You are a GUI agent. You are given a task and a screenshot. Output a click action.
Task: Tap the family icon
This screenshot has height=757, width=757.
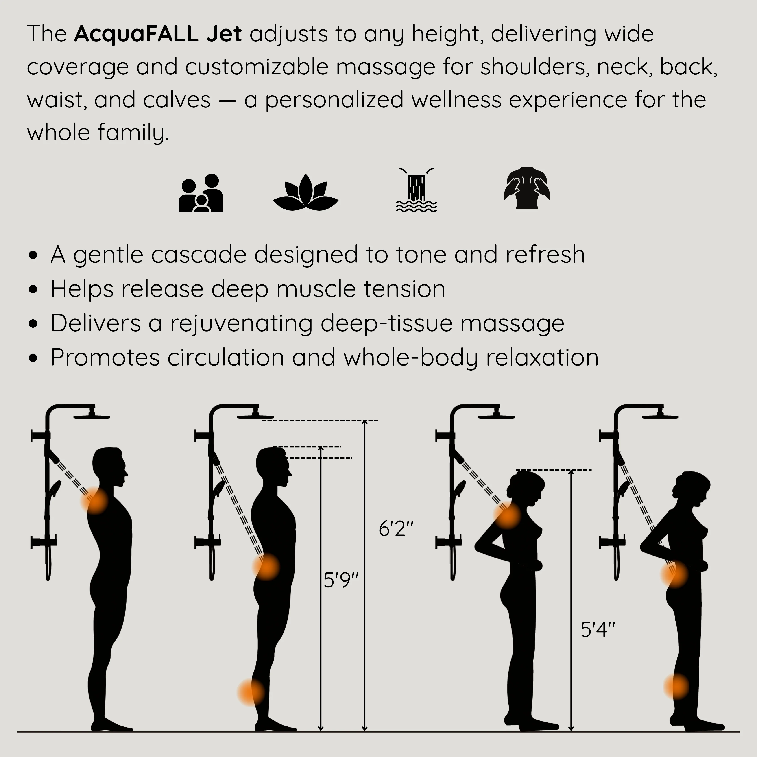pyautogui.click(x=201, y=193)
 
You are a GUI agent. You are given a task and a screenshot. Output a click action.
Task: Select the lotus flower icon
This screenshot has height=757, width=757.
pyautogui.click(x=306, y=192)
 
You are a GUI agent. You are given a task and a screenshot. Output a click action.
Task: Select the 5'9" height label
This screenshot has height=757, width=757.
pyautogui.click(x=341, y=580)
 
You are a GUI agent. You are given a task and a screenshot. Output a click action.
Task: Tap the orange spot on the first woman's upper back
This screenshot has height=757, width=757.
pyautogui.click(x=507, y=515)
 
